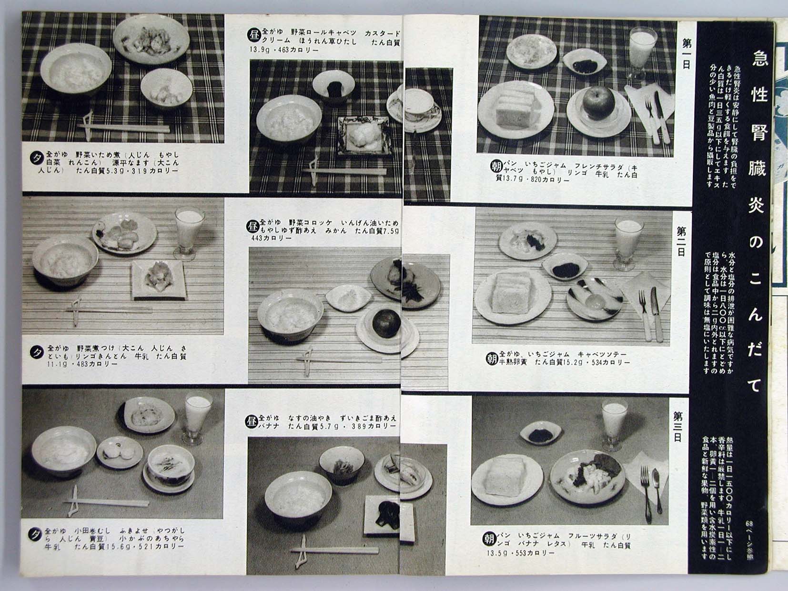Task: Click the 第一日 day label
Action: click(686, 53)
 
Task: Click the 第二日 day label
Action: click(682, 241)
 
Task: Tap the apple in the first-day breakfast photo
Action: click(598, 102)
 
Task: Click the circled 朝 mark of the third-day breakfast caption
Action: click(489, 539)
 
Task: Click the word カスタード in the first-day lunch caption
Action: click(382, 33)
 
